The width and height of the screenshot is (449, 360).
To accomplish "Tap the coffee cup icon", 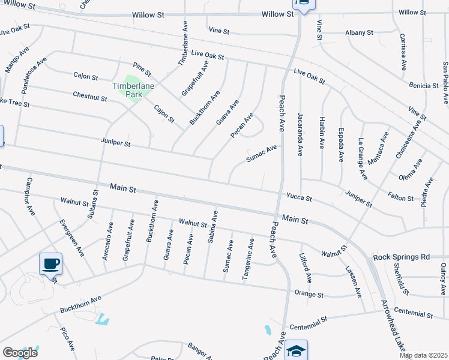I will click(50, 263).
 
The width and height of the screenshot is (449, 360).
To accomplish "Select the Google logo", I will click(20, 353).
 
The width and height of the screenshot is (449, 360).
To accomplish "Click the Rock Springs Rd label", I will click(402, 257).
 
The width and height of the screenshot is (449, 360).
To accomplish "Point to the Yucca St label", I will click(298, 197).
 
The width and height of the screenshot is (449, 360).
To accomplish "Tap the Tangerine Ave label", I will click(247, 259).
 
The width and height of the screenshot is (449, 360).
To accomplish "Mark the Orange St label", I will click(309, 295).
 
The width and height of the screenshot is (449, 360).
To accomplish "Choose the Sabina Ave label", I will click(212, 227).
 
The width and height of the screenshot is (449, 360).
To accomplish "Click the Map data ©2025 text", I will click(423, 355).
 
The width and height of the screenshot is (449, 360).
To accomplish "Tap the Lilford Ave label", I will click(305, 268).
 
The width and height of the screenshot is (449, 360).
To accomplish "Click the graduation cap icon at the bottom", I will click(296, 350).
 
